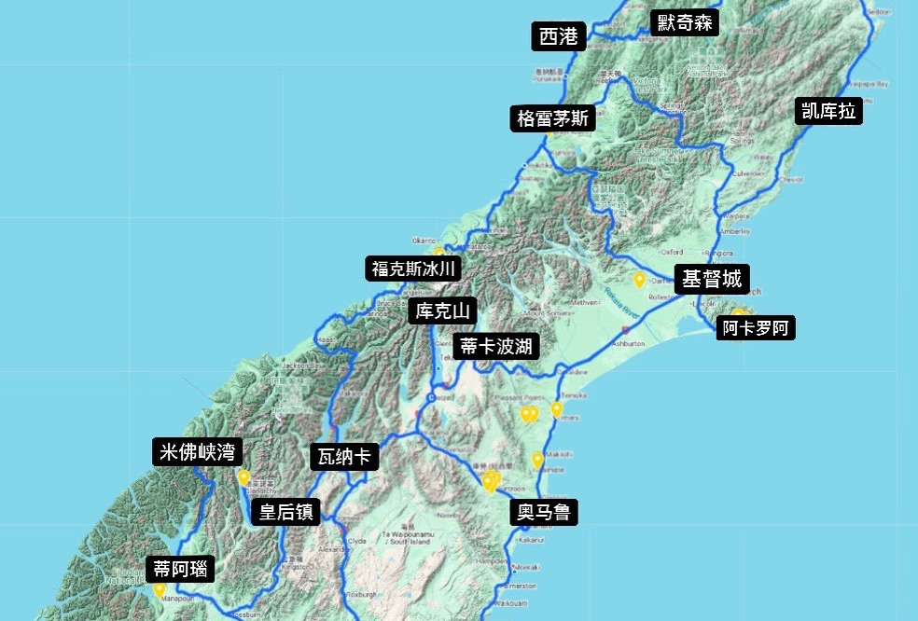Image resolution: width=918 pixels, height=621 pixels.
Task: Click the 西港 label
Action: [x=559, y=36]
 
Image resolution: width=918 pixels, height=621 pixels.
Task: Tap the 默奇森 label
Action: [x=685, y=22]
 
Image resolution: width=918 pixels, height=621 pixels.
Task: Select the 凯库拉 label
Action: [x=828, y=111]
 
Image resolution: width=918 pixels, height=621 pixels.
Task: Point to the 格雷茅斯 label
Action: [x=553, y=118]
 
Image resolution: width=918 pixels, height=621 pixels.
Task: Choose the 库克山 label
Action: [x=442, y=310]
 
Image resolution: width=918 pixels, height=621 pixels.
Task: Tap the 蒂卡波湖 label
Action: [x=495, y=347]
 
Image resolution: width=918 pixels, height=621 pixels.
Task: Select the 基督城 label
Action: [x=712, y=279]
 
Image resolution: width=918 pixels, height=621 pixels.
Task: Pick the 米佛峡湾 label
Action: [x=198, y=452]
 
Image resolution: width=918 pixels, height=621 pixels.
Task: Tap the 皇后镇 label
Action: [x=285, y=512]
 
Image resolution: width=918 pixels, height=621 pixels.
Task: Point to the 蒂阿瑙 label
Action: [x=181, y=568]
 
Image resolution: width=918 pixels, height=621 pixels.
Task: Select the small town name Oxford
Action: [x=671, y=252]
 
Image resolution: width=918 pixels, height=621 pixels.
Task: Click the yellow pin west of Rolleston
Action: [x=639, y=279]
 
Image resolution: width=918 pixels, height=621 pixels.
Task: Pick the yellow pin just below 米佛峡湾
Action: [x=243, y=477]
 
